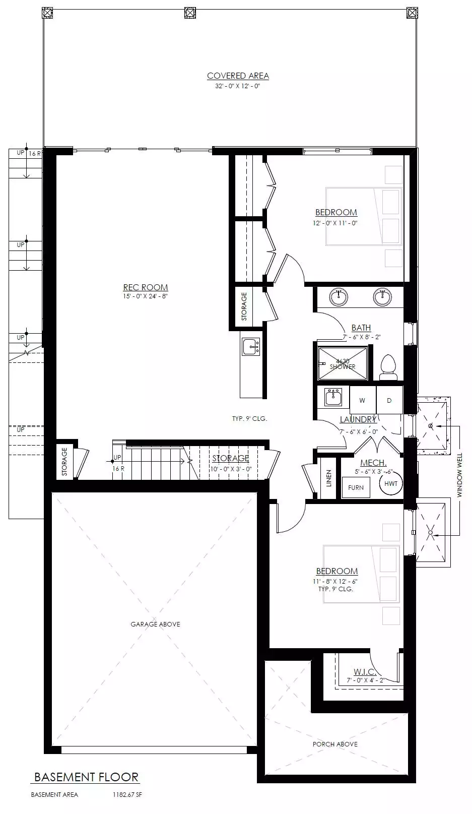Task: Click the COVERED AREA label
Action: coord(238,76)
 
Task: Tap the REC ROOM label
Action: coord(146,287)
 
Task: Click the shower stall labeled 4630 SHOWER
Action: coord(343,364)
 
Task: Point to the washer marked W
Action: coord(362,400)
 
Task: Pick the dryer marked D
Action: coord(389,400)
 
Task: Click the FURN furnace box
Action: coord(356,488)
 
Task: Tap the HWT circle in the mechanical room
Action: coord(391,483)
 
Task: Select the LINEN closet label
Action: coord(329,478)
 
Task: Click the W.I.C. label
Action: coord(365,672)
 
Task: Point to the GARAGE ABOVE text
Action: coord(155,624)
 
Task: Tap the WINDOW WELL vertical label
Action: coord(459,475)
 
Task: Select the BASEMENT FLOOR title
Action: coord(87,777)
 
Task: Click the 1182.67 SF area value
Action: coord(127,795)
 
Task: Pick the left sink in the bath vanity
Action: coord(339,296)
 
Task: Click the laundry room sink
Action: coord(333,397)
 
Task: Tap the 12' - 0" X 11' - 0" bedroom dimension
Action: coord(335,223)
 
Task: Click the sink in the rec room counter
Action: coord(251,347)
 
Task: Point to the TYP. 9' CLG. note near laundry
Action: coord(249,419)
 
